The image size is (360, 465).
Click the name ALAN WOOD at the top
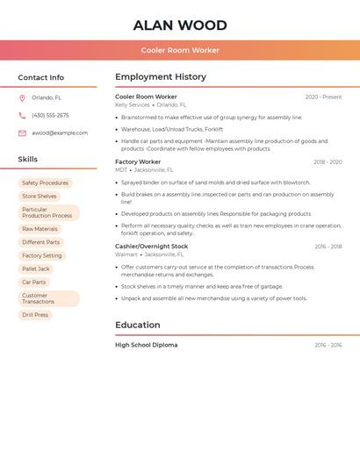pos(180,25)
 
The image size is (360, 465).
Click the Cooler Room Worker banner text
pos(180,50)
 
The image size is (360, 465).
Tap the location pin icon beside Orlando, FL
pos(22,97)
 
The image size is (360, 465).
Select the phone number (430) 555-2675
pos(50,115)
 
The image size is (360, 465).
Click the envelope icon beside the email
pos(22,132)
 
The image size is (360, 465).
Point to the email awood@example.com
pos(60,132)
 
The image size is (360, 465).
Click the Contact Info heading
pos(40,77)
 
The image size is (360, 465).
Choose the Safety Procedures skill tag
pos(45,183)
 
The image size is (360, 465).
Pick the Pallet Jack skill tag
pos(36,268)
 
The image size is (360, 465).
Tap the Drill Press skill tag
pos(35,314)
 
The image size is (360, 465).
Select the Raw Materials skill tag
pos(40,229)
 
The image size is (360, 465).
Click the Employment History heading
pos(161,76)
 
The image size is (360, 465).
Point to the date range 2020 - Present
pos(323,97)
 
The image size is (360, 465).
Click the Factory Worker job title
pos(138,161)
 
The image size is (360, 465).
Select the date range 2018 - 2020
pos(328,161)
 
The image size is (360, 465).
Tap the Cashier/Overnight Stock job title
pos(152,247)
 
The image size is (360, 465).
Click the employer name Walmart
pos(126,254)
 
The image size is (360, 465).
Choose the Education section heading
pos(137,325)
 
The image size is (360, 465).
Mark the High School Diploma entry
pos(147,345)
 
